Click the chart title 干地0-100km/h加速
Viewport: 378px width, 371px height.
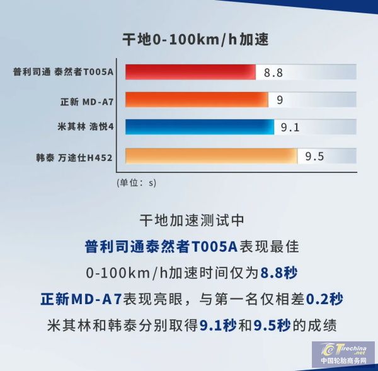coord(195,39)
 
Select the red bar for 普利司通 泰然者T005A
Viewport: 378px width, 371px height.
coord(190,72)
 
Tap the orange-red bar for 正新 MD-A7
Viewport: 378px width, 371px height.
coord(197,100)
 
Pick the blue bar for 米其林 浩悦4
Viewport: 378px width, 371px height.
coord(200,127)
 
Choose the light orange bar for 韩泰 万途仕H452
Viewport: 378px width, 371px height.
coord(212,156)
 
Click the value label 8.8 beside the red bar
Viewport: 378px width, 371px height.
coord(273,73)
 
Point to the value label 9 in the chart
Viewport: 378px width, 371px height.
coord(280,100)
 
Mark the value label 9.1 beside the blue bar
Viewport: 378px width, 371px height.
coord(290,127)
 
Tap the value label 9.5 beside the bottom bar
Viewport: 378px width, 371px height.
coord(314,156)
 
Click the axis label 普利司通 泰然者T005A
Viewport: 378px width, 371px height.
coord(63,72)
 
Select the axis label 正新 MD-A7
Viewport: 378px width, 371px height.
coord(87,102)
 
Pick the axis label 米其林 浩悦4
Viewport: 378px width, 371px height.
coord(85,127)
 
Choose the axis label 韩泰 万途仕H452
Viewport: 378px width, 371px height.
coord(74,158)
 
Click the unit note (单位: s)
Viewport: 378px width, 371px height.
coord(137,183)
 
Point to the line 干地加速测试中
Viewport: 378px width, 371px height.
coord(192,220)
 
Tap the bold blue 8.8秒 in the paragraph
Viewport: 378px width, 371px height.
coord(279,273)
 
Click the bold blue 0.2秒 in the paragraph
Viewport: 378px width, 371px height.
coord(324,299)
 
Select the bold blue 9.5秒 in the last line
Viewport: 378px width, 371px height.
coord(272,326)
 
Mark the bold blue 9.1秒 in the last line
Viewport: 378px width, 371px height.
coord(218,326)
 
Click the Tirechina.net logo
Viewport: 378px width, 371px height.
coord(343,354)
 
